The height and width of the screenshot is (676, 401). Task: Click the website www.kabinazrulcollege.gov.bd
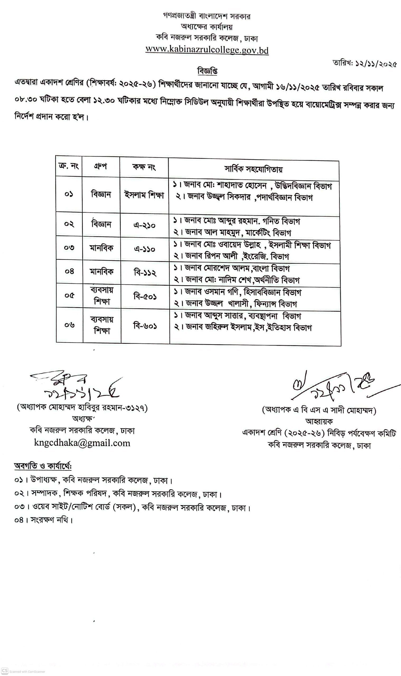(x=207, y=50)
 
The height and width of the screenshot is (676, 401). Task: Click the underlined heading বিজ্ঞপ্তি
(x=207, y=71)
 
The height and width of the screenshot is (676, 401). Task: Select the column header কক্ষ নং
(x=144, y=167)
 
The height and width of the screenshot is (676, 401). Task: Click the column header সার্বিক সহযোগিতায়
(x=253, y=169)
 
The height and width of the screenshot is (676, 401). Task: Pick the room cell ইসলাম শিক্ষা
(x=144, y=195)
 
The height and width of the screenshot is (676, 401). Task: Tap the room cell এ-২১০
(x=145, y=225)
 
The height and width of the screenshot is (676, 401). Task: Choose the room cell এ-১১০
(x=145, y=249)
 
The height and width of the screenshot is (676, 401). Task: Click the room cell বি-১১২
(x=145, y=273)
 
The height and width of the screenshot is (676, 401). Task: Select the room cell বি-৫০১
(x=145, y=297)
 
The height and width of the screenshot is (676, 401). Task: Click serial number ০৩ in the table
(x=69, y=248)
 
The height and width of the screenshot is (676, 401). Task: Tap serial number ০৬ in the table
(x=69, y=325)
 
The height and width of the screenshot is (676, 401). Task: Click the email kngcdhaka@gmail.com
(x=82, y=443)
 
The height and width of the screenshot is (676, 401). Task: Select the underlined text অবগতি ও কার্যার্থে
(x=43, y=466)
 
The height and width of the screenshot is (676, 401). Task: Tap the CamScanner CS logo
(x=4, y=671)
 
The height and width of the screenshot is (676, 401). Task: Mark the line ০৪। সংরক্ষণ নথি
(x=44, y=520)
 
